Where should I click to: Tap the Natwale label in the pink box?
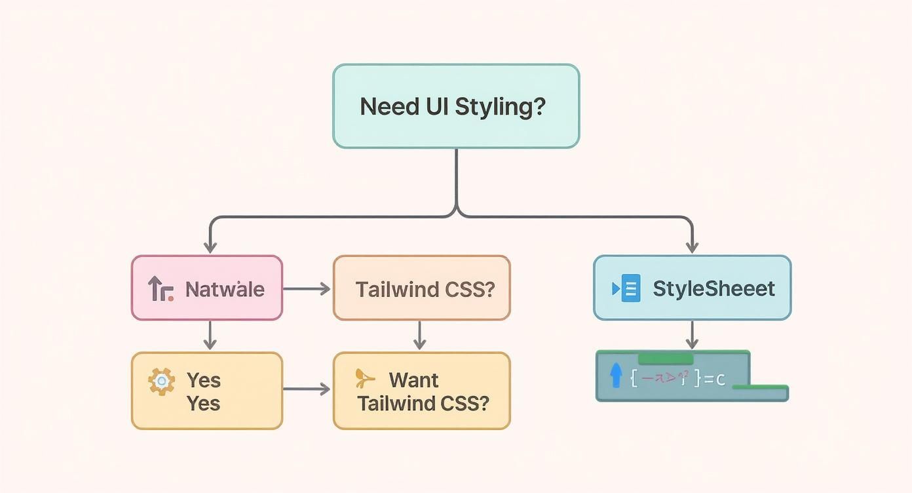pyautogui.click(x=225, y=289)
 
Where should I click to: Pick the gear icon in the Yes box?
pyautogui.click(x=161, y=381)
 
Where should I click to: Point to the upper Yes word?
pyautogui.click(x=204, y=380)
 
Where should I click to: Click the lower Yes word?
pyautogui.click(x=204, y=403)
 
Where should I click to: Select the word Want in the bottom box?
pyautogui.click(x=413, y=380)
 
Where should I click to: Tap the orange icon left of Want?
pyautogui.click(x=364, y=378)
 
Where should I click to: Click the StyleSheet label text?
pyautogui.click(x=714, y=288)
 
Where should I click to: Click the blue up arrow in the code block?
pyautogui.click(x=615, y=376)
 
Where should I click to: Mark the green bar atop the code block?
pyautogui.click(x=665, y=359)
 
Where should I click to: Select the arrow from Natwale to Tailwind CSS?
pyautogui.click(x=307, y=288)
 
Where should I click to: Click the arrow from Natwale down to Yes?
pyautogui.click(x=210, y=335)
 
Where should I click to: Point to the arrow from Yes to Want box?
pyautogui.click(x=307, y=389)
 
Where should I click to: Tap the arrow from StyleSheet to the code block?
pyautogui.click(x=692, y=335)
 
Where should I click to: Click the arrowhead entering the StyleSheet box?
pyautogui.click(x=692, y=247)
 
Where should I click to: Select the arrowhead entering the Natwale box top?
pyautogui.click(x=210, y=247)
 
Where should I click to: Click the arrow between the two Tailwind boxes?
pyautogui.click(x=420, y=335)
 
